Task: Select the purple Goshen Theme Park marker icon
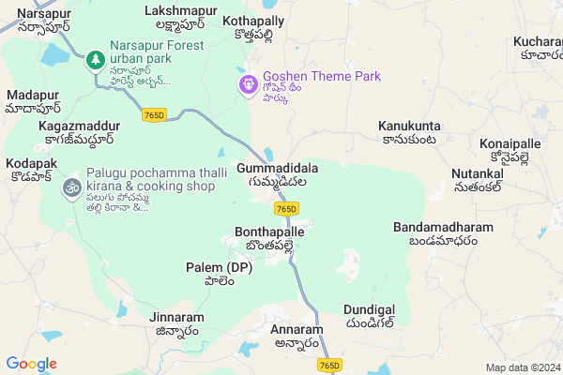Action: coord(248,84)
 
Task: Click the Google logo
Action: coord(31,364)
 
